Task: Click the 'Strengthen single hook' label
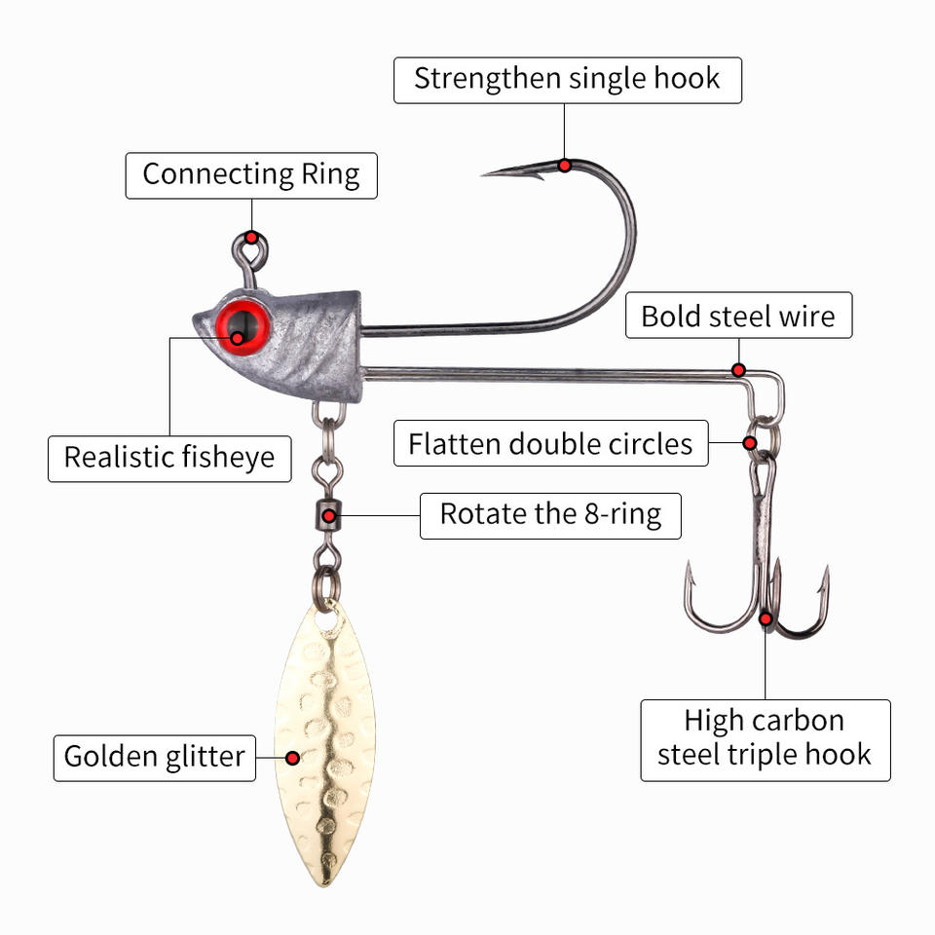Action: coord(567,80)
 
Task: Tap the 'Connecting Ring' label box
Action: coord(251,175)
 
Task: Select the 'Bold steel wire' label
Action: coord(738,316)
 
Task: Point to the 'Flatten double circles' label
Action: coord(550,444)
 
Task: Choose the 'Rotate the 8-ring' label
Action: coord(550,514)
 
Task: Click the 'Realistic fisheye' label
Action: coord(169,457)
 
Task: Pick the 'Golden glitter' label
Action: coord(155,757)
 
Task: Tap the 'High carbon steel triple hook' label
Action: coord(765,738)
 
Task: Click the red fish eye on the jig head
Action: coord(240,326)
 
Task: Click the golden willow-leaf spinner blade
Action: coord(325,740)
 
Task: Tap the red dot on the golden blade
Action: coord(291,757)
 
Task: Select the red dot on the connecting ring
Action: coord(251,238)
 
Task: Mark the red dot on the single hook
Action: coord(565,166)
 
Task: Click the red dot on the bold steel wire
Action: coord(738,370)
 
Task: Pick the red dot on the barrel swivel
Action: coord(330,515)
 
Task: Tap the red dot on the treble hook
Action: coord(767,617)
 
